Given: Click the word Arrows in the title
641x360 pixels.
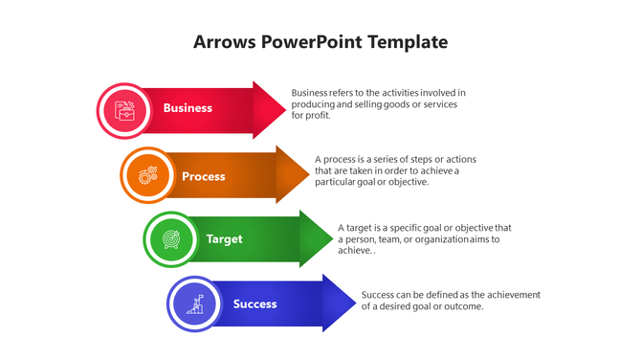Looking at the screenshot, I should [224, 42].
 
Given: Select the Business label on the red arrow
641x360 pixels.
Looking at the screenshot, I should [188, 108].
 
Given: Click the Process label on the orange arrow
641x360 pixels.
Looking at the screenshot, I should [204, 176].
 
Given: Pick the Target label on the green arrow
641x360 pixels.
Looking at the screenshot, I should [225, 239].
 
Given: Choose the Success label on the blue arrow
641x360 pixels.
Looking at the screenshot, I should [254, 304].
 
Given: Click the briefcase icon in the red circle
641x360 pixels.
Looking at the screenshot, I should [123, 109].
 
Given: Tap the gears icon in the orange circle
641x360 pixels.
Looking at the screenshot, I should [147, 175].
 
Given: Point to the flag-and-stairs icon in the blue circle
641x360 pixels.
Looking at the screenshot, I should [195, 304].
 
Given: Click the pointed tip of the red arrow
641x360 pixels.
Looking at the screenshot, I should [284, 109].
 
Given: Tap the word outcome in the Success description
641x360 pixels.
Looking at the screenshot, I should [465, 306].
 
